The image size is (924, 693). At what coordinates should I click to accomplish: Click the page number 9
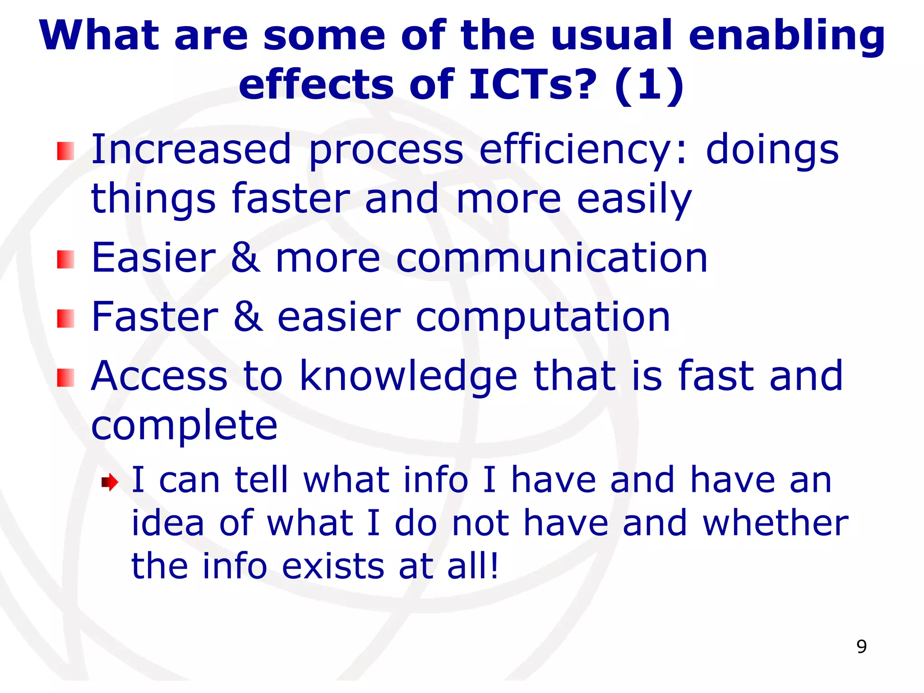click(861, 647)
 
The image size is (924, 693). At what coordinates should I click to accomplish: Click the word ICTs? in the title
click(533, 84)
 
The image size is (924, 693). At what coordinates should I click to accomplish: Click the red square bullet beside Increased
click(65, 151)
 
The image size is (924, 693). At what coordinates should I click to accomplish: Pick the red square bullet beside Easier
click(65, 259)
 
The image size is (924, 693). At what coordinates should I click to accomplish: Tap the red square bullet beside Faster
click(65, 319)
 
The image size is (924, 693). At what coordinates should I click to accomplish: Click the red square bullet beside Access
click(65, 378)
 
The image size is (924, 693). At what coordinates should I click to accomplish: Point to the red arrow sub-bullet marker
click(110, 482)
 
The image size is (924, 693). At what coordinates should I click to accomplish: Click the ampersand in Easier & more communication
click(245, 258)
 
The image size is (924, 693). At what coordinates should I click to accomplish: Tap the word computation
click(543, 318)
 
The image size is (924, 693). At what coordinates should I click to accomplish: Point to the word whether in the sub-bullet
click(776, 523)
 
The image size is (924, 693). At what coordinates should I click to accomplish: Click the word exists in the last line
click(333, 566)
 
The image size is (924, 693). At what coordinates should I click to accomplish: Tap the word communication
click(552, 258)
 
